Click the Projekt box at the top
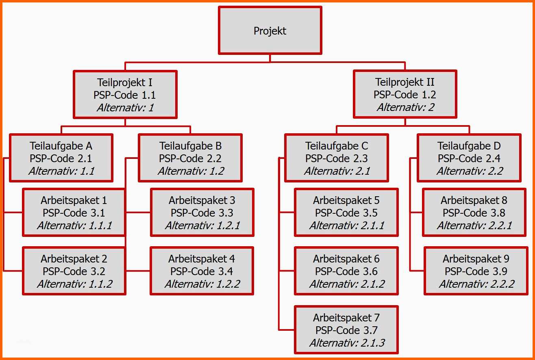tap(270, 30)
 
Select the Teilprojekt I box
tap(125, 95)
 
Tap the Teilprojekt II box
tap(405, 94)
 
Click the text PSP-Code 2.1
tap(61, 158)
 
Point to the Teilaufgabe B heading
tap(190, 145)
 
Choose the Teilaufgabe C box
tap(336, 158)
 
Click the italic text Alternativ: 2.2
tap(470, 171)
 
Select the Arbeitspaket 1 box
tap(74, 213)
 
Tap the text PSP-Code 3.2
tap(74, 271)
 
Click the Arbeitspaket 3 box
tap(202, 213)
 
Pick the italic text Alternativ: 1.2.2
tap(202, 284)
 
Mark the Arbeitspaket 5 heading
tap(346, 200)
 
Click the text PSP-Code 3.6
tap(346, 271)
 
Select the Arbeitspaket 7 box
tap(346, 330)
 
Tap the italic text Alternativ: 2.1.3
tap(347, 343)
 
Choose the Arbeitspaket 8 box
tap(474, 213)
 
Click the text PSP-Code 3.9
tap(476, 271)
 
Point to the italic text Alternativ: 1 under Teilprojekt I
tap(125, 108)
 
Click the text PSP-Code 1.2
tap(405, 95)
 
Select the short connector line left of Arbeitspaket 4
tap(138, 271)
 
